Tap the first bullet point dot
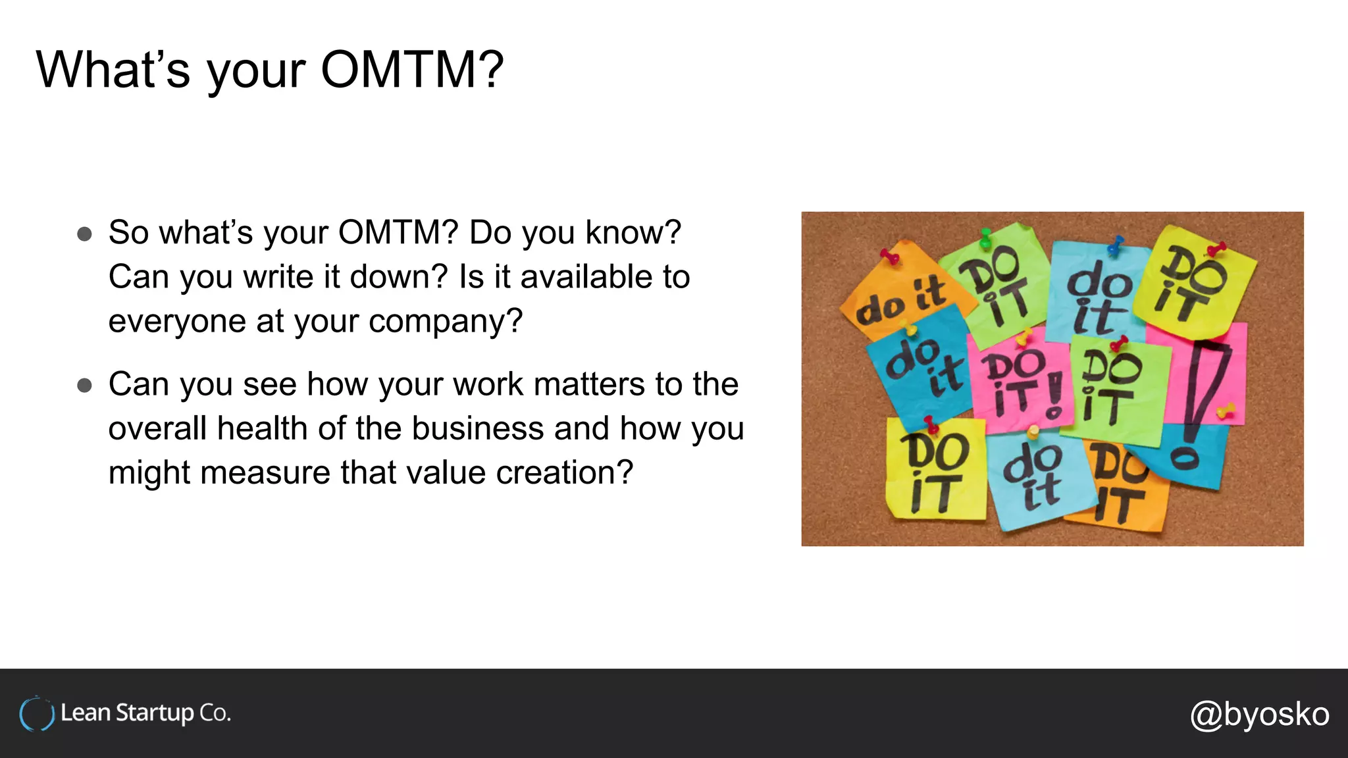[84, 234]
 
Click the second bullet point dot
[84, 386]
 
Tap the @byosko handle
[1259, 714]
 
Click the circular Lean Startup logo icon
[36, 714]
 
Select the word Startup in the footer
[155, 713]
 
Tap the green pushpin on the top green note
[985, 238]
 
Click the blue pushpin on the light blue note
[1115, 246]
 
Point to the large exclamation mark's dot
[1185, 458]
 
